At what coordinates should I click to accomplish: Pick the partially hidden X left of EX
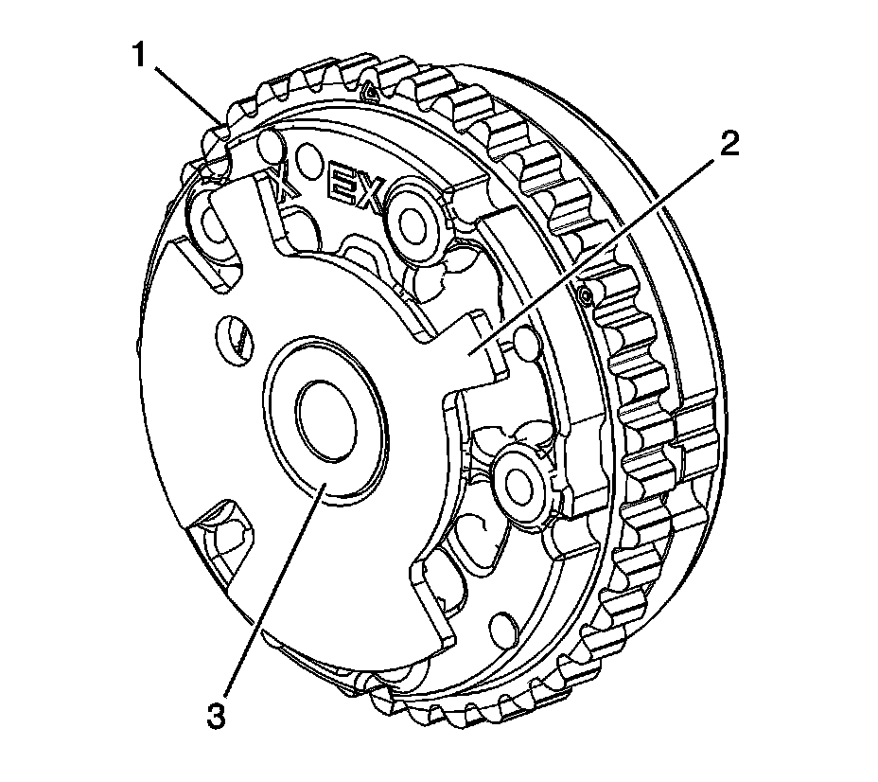click(x=285, y=182)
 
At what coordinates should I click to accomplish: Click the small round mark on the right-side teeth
click(x=588, y=296)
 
